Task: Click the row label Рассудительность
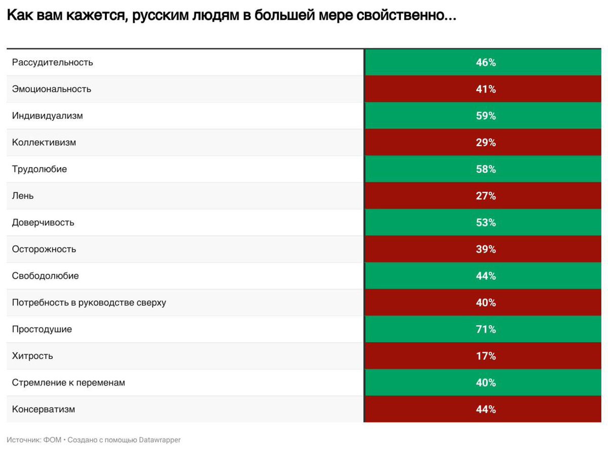point(53,62)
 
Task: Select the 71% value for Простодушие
point(485,330)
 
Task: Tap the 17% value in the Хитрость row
point(485,356)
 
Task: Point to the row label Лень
point(23,196)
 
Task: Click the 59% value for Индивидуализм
point(485,116)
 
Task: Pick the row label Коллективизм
point(44,142)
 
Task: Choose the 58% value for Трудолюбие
point(485,169)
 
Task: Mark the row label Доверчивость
point(43,223)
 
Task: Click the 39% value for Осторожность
point(485,250)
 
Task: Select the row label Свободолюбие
point(46,276)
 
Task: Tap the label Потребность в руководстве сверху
point(89,303)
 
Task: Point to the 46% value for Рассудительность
point(485,63)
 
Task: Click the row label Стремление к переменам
point(68,383)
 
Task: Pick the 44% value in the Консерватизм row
point(485,409)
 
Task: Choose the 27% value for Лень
point(485,196)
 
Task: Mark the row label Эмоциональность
point(52,89)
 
